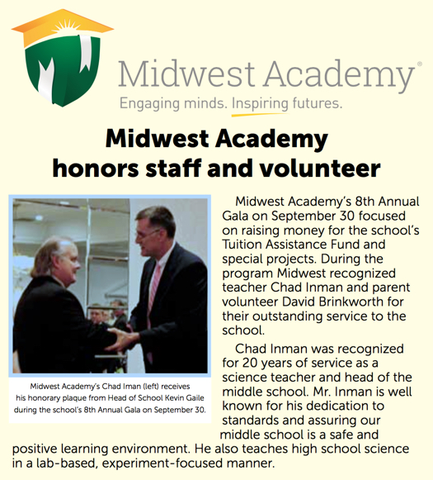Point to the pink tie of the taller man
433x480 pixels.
coord(155,284)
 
